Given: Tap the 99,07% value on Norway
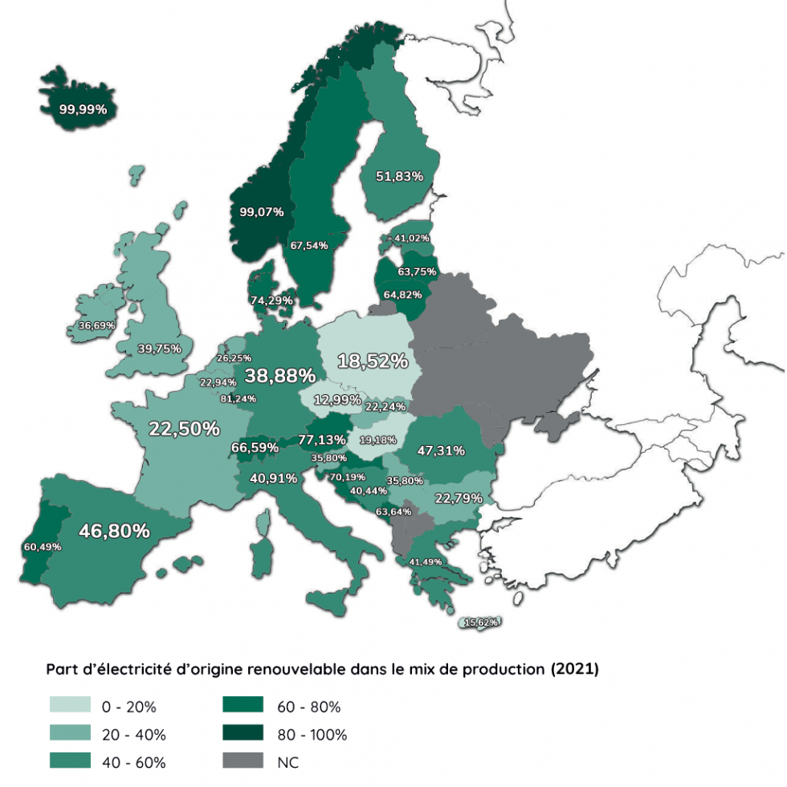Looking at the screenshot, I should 262,212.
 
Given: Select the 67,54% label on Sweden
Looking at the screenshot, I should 309,246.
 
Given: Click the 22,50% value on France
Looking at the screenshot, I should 184,429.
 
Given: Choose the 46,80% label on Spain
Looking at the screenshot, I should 114,531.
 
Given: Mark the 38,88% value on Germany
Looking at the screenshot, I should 279,375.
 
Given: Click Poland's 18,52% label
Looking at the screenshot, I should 372,361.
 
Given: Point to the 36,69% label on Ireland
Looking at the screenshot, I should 96,326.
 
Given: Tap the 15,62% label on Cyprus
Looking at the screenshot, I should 482,622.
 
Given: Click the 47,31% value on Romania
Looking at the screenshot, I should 441,451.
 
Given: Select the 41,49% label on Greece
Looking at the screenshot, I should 426,561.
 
